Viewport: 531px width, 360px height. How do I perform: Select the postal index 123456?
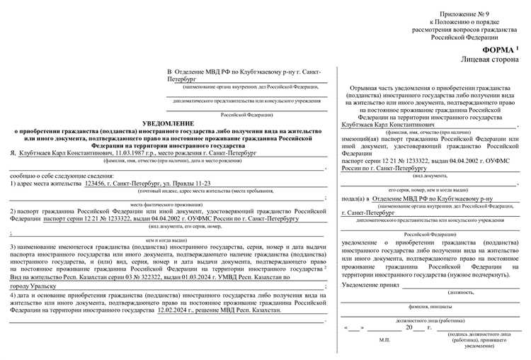[99, 184]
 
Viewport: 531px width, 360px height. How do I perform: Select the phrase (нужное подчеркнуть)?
[475, 274]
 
